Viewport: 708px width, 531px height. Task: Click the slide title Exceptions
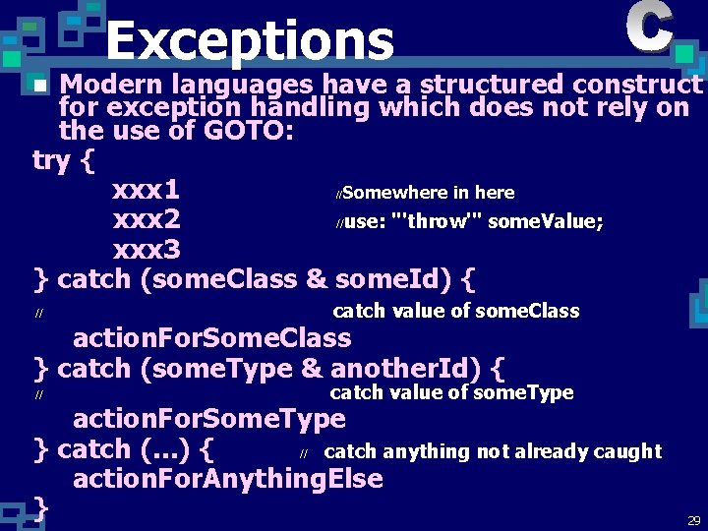250,41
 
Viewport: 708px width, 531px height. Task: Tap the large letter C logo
649,28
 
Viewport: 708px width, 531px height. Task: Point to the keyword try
50,159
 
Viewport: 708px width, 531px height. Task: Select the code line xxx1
146,189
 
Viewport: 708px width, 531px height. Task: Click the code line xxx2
147,218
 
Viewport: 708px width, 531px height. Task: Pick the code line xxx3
147,248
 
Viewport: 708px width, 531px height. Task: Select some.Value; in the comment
546,221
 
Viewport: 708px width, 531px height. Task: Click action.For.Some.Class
211,338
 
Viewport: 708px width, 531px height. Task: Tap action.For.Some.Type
209,419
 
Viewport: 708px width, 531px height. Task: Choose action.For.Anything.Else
227,480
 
